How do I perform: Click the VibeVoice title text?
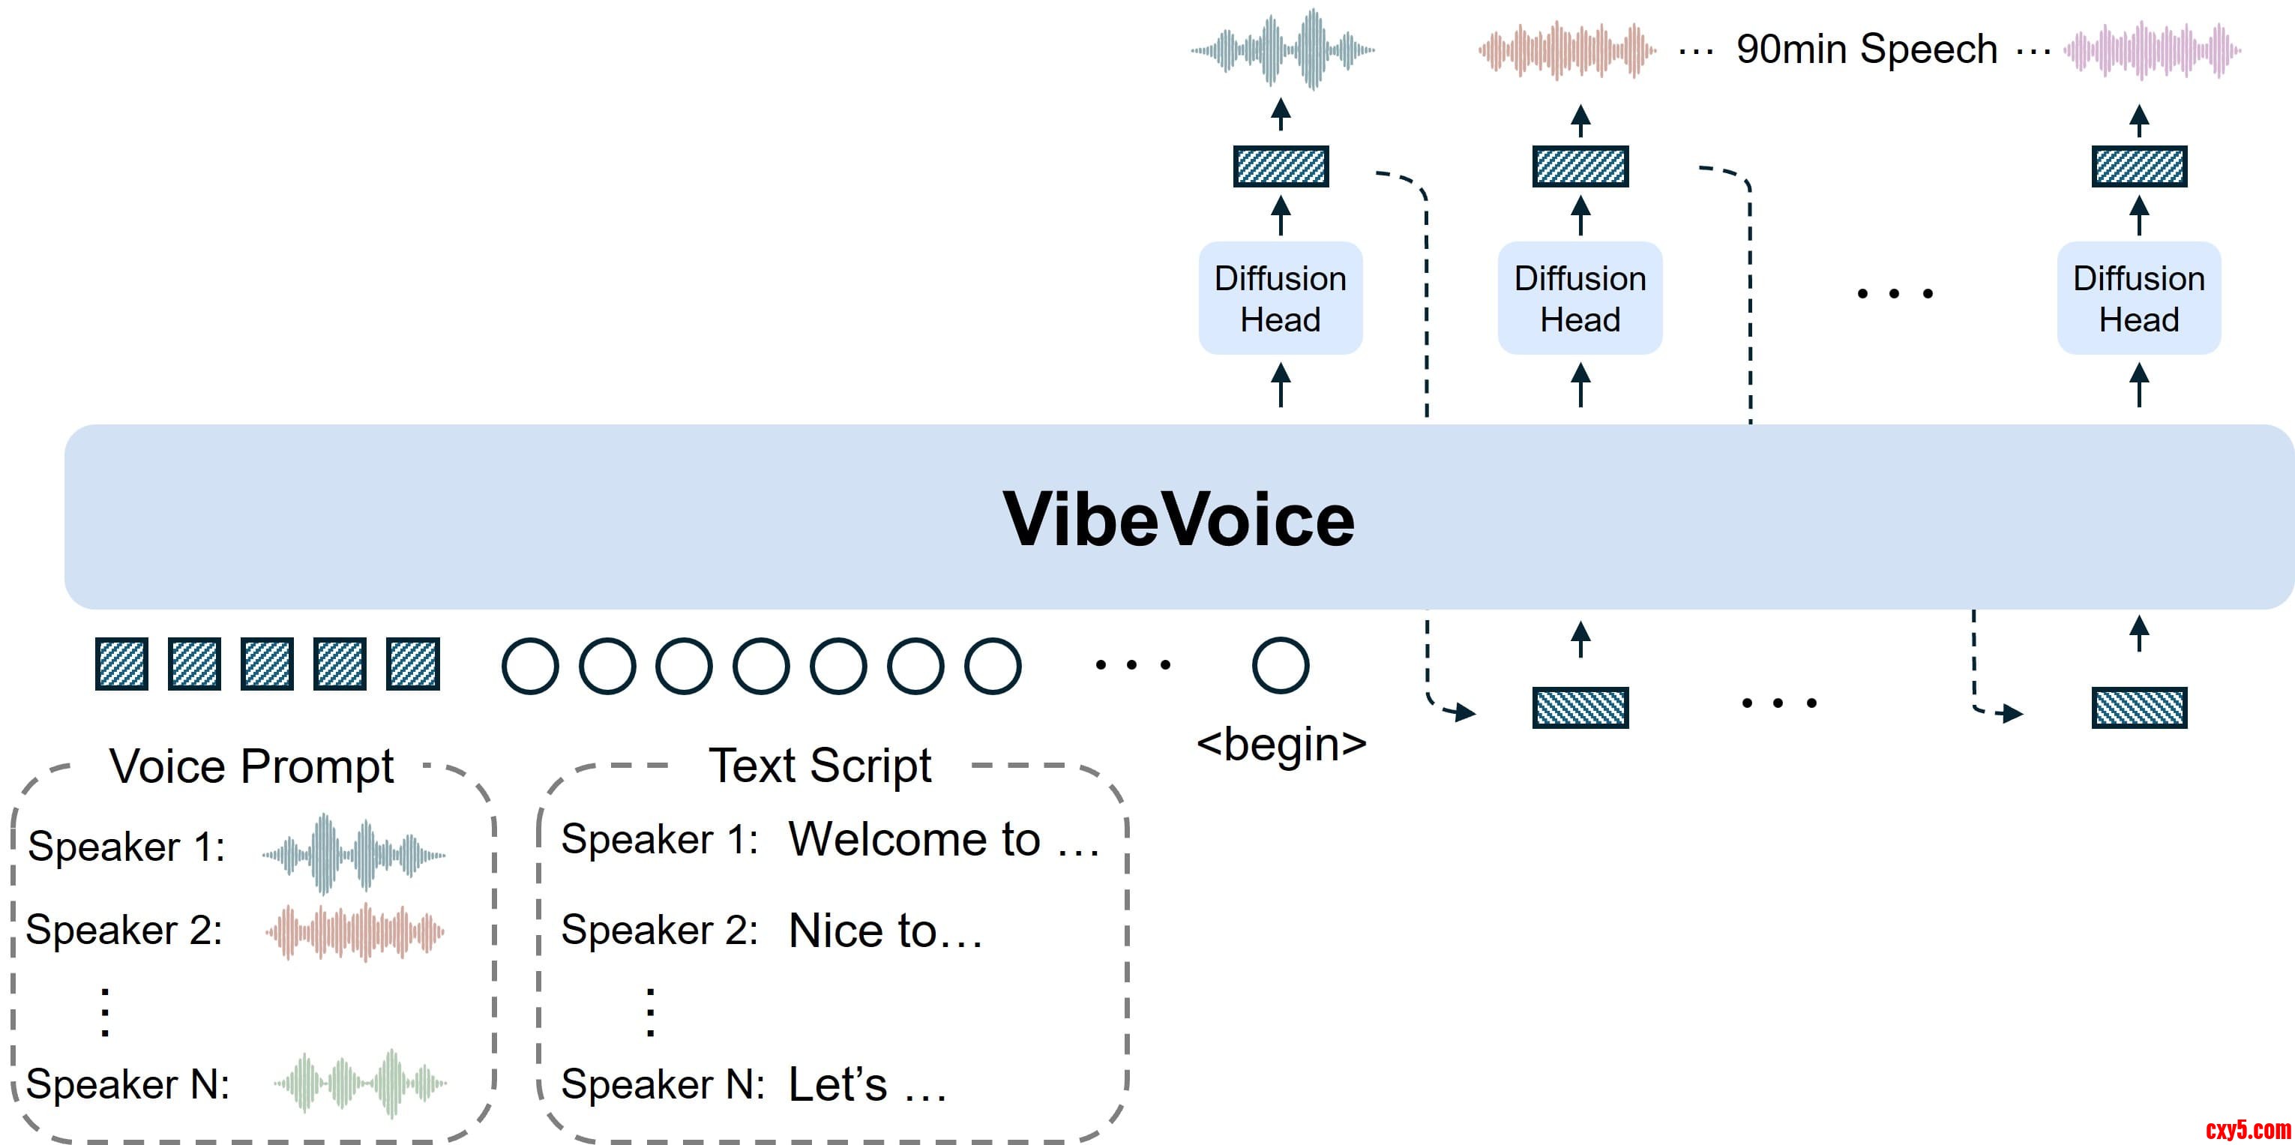pyautogui.click(x=1178, y=520)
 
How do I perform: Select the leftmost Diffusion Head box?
pyautogui.click(x=1281, y=298)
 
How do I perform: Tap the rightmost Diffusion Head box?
pyautogui.click(x=2138, y=298)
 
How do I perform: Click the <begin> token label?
pyautogui.click(x=1281, y=744)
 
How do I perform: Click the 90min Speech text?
pyautogui.click(x=1866, y=49)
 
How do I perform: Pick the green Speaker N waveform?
pyautogui.click(x=360, y=1083)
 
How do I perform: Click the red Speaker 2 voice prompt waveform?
pyautogui.click(x=355, y=932)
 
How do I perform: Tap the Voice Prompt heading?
pyautogui.click(x=251, y=766)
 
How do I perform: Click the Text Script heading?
pyautogui.click(x=819, y=766)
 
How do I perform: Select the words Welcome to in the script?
pyautogui.click(x=914, y=839)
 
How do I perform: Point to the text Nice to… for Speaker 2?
pyautogui.click(x=885, y=931)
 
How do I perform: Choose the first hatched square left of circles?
pyautogui.click(x=121, y=664)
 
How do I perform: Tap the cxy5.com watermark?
pyautogui.click(x=2247, y=1130)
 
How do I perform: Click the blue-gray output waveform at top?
pyautogui.click(x=1282, y=49)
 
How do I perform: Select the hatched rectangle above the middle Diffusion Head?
pyautogui.click(x=1580, y=166)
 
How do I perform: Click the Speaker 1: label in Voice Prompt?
pyautogui.click(x=127, y=847)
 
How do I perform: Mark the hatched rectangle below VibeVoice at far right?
pyautogui.click(x=2138, y=709)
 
